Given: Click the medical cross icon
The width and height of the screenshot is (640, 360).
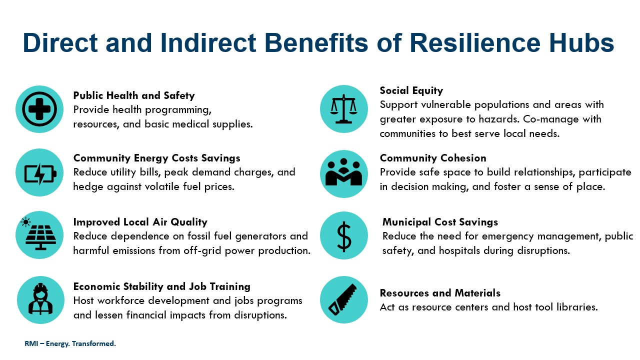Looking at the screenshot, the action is (x=39, y=109).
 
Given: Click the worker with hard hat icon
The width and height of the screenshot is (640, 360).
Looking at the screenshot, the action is (x=40, y=299).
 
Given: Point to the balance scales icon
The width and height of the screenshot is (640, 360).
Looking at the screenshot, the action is (x=343, y=109).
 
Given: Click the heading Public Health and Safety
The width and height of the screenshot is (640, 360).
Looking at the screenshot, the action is (x=134, y=95).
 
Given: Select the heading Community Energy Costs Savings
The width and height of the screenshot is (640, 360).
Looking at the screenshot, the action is (x=156, y=158).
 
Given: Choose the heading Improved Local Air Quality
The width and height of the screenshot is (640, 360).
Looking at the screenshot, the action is (x=140, y=222).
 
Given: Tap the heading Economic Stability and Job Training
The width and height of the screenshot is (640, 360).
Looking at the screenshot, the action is (x=161, y=286).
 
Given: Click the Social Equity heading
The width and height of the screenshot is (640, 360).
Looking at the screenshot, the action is (x=411, y=90).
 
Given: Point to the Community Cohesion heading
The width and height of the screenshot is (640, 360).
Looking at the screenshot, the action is (x=433, y=158).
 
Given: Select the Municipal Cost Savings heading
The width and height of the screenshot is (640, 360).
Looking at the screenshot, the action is (x=440, y=222).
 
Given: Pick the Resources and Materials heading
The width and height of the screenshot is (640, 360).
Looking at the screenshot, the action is (x=440, y=293).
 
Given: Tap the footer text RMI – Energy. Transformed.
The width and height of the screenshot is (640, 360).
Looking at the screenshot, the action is (x=70, y=343).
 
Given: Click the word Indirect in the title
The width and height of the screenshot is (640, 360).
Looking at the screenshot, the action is (x=208, y=43).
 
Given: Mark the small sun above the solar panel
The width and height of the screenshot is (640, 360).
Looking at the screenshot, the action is (x=25, y=222).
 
